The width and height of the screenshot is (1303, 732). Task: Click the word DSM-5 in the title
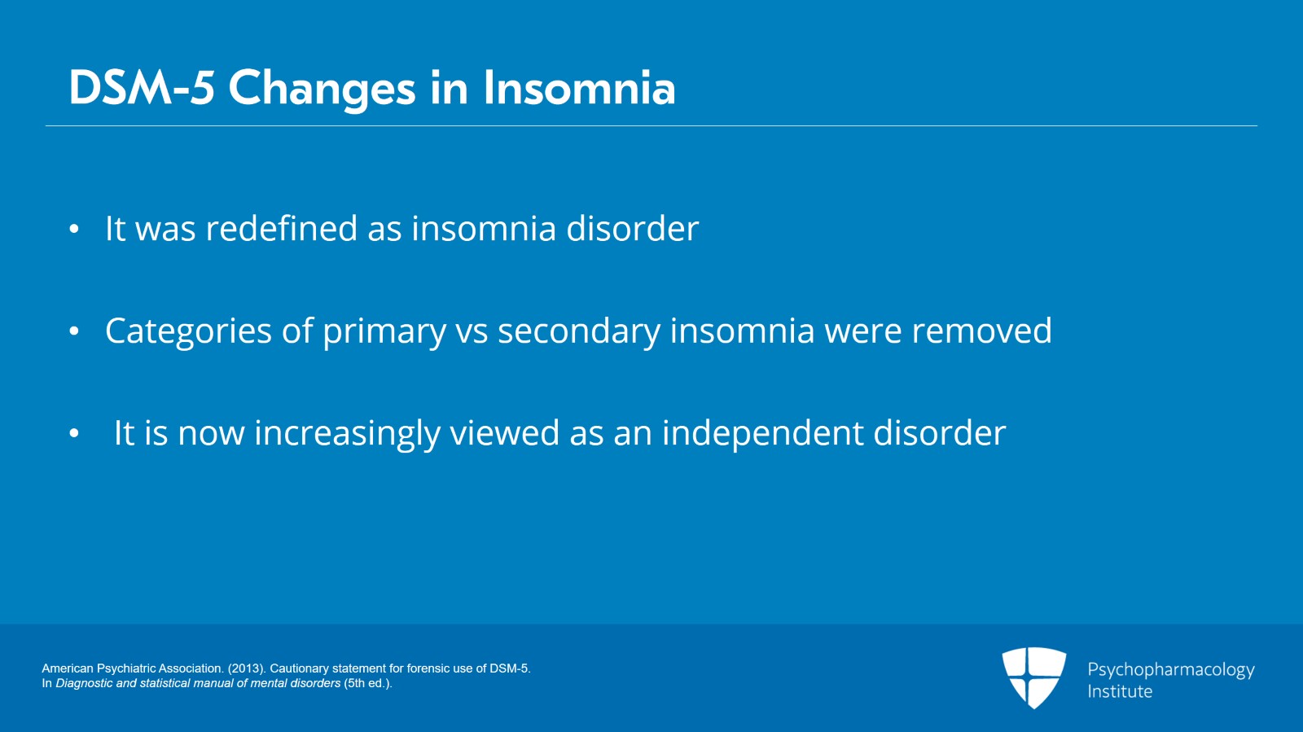click(141, 88)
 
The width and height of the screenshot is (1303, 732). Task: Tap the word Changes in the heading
click(322, 88)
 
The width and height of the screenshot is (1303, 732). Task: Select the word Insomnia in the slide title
click(579, 88)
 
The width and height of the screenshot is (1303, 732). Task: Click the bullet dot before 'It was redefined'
click(74, 230)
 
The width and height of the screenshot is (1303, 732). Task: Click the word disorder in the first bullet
click(632, 229)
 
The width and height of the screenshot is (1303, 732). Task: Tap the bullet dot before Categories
click(74, 331)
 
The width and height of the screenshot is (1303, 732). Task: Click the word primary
click(384, 331)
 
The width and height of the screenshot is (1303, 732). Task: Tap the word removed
click(981, 331)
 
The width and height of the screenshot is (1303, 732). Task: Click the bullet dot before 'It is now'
click(74, 434)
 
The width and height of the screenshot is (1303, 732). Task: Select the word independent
click(762, 433)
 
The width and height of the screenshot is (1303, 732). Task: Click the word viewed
click(504, 433)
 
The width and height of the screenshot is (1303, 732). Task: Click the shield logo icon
click(1033, 677)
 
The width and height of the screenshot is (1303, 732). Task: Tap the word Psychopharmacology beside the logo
click(1170, 670)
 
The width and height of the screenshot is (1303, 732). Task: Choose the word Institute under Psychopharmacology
click(1120, 691)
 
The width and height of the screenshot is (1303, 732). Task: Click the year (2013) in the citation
click(245, 668)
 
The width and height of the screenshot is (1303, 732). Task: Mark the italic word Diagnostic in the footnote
click(84, 683)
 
